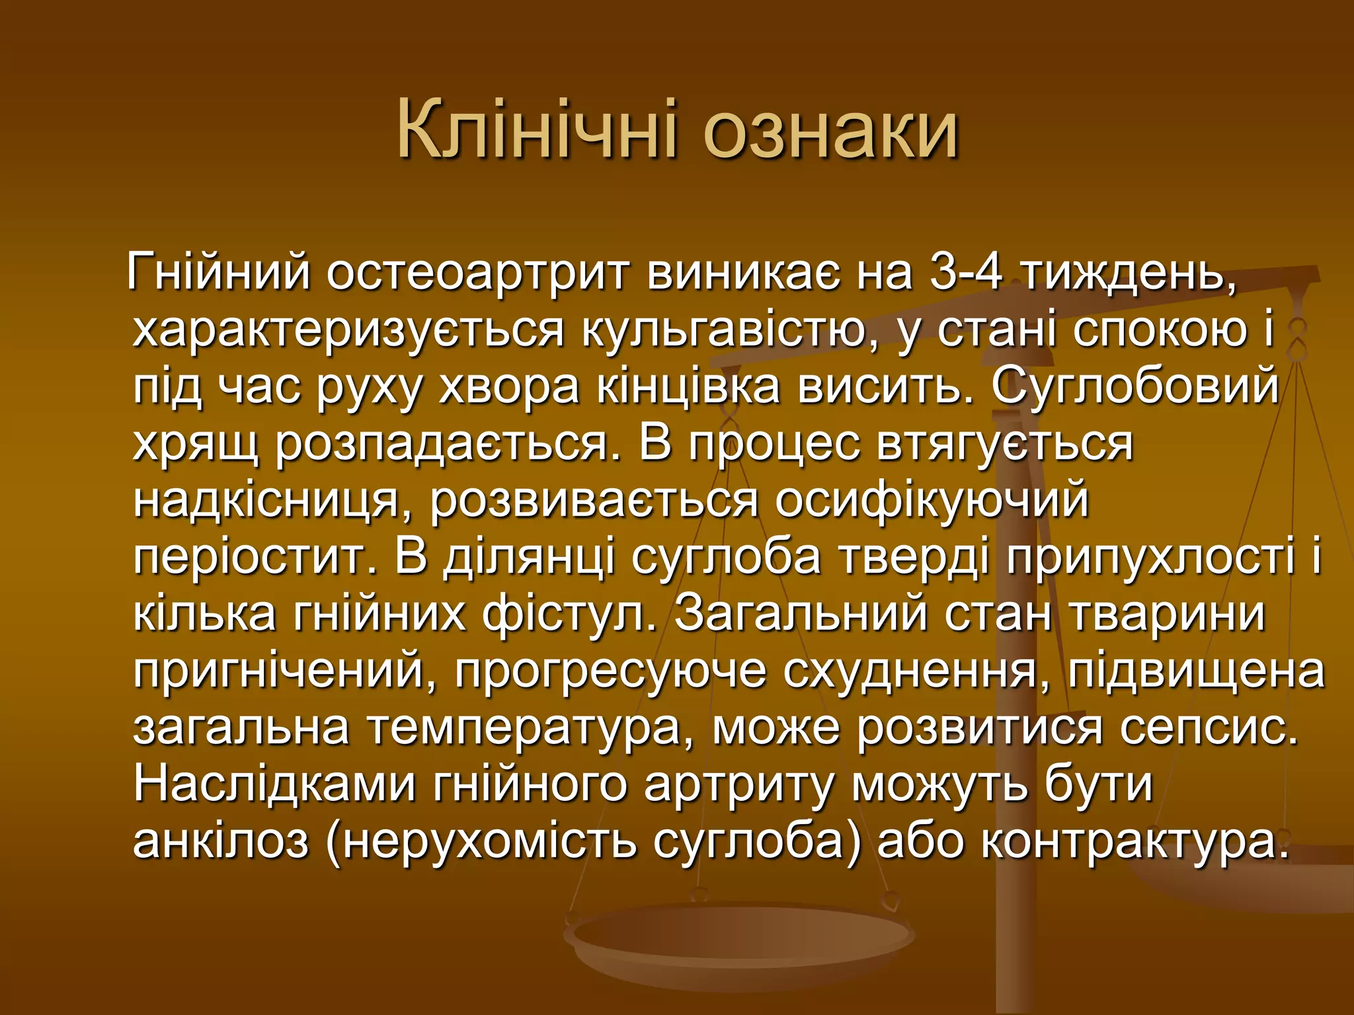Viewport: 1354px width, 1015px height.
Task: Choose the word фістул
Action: [x=571, y=614]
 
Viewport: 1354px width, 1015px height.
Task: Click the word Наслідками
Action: [x=274, y=784]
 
